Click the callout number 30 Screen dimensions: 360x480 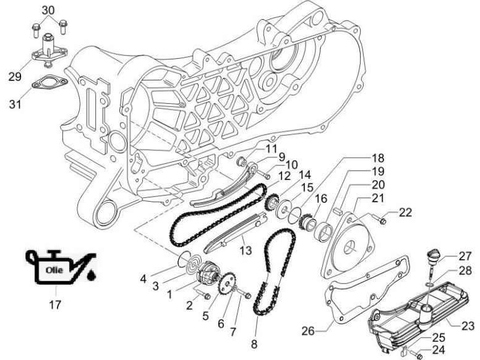(x=48, y=10)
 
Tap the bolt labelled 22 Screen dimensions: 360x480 (x=382, y=219)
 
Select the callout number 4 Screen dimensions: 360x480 (x=143, y=278)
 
